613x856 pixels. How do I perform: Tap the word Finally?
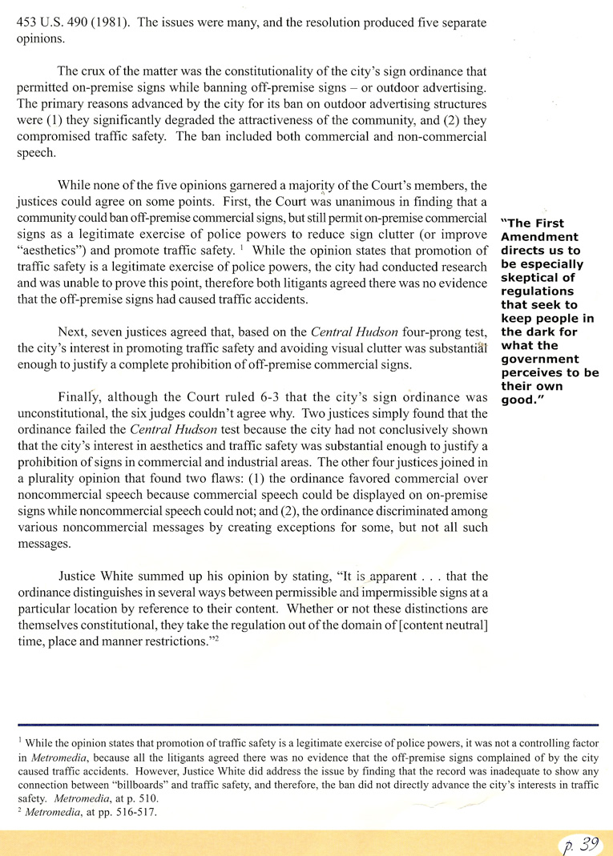point(80,398)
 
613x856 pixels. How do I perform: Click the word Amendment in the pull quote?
point(539,237)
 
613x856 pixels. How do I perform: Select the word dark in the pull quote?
point(533,332)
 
